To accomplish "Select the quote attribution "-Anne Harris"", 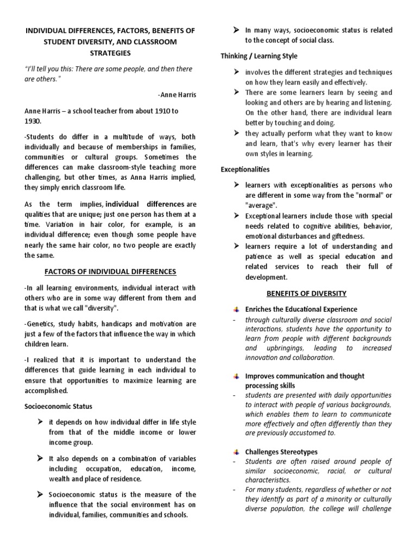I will pos(177,94).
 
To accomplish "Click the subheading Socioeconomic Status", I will pos(58,406).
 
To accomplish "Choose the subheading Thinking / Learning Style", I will pos(259,56).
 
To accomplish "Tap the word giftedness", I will pos(346,236).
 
